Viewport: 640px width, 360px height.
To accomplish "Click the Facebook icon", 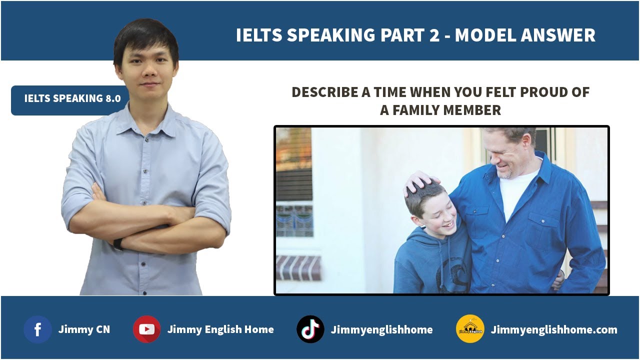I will tap(37, 329).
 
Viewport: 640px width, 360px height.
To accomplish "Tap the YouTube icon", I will tap(146, 329).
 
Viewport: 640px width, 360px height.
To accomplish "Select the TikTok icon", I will tap(310, 329).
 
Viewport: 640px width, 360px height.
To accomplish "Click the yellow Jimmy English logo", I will tap(470, 329).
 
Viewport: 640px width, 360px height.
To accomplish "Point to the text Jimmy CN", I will tap(84, 329).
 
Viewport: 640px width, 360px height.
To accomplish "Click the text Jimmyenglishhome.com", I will tap(554, 329).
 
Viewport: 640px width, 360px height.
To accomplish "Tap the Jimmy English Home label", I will tap(220, 329).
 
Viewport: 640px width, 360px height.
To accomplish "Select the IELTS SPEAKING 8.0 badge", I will tap(72, 98).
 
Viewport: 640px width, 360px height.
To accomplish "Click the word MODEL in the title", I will tap(484, 35).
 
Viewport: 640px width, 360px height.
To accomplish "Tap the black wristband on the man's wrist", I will tap(117, 244).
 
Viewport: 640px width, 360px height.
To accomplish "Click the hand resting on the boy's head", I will tap(420, 181).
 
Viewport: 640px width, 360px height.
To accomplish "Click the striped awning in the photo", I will tap(298, 267).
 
